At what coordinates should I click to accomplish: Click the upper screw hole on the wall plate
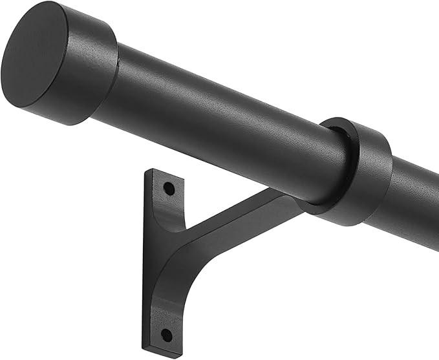(169, 188)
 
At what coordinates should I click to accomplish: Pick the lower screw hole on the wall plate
(167, 334)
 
